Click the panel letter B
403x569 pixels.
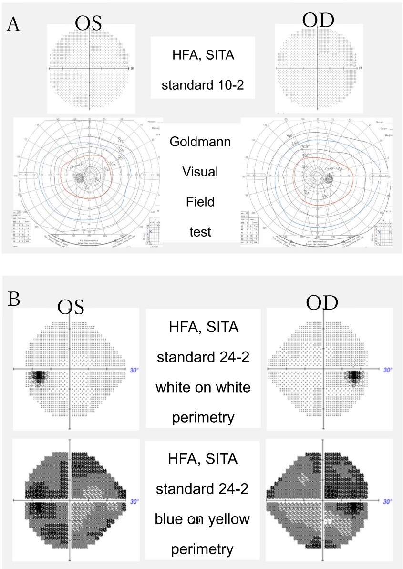point(14,300)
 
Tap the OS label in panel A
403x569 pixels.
point(89,23)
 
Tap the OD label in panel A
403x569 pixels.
point(318,21)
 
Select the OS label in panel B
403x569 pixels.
point(71,307)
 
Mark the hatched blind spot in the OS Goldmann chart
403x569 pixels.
point(79,177)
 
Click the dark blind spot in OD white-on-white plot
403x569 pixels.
point(353,377)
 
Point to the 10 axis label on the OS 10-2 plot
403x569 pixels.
point(132,69)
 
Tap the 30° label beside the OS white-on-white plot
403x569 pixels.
point(135,369)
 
